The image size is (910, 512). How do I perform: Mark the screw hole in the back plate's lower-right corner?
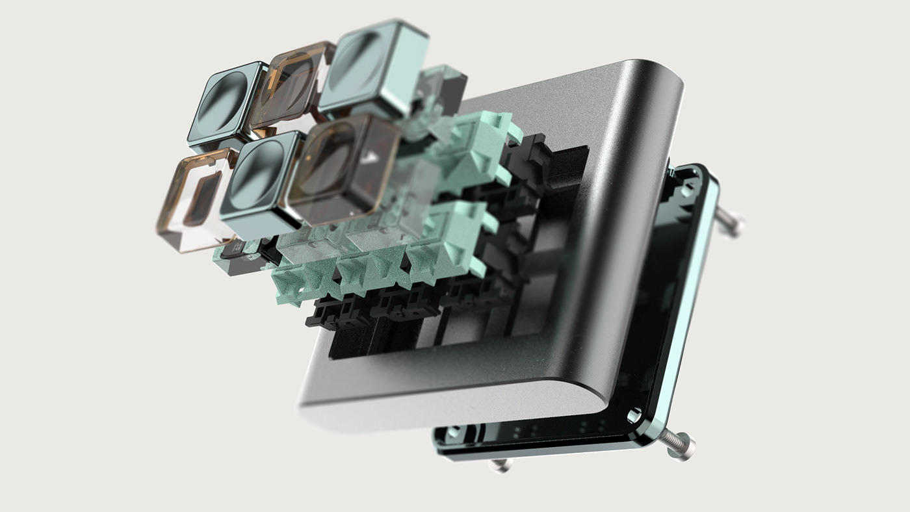coord(633,414)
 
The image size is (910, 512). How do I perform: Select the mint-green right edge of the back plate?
coord(689,312)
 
